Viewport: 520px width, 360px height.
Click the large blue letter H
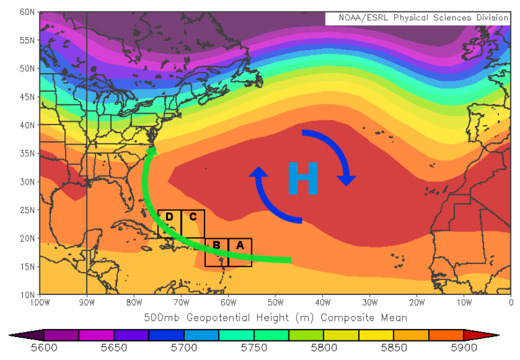pyautogui.click(x=303, y=179)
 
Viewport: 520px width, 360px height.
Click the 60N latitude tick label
pyautogui.click(x=27, y=12)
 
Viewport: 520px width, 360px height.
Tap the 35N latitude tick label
pyautogui.click(x=27, y=153)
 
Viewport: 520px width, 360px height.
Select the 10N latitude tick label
pyautogui.click(x=27, y=294)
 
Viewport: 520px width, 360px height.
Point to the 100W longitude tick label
pyautogui.click(x=39, y=302)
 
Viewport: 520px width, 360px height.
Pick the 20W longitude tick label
pyautogui.click(x=416, y=302)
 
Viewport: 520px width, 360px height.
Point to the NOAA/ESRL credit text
pyautogui.click(x=417, y=18)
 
